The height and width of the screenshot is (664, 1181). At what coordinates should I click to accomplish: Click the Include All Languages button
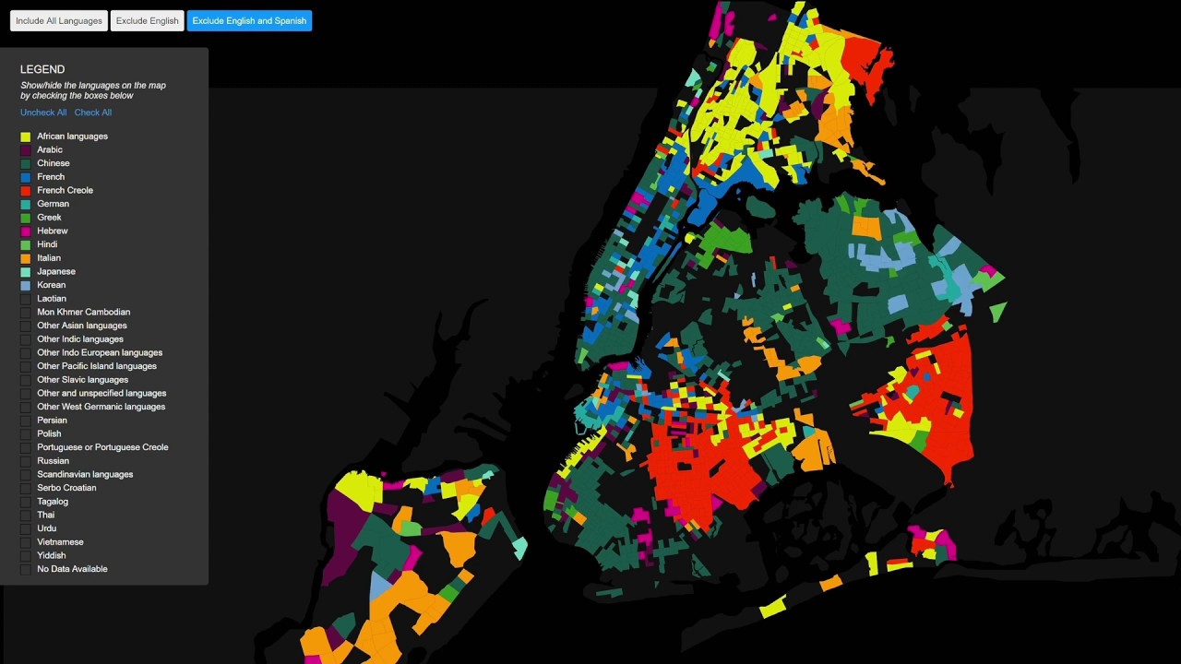point(59,21)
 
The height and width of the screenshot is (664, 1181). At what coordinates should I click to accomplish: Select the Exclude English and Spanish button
point(249,21)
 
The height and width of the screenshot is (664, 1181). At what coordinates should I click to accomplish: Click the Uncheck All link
point(43,113)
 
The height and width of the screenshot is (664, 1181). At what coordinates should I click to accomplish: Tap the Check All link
point(93,113)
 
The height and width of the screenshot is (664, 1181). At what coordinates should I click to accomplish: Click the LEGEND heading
point(42,69)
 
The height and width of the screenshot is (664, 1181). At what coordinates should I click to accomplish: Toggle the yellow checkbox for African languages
point(26,136)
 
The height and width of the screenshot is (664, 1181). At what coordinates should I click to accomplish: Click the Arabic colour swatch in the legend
point(26,150)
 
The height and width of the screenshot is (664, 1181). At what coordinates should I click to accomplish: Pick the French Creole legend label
point(65,190)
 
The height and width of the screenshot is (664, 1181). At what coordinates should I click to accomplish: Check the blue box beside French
point(26,177)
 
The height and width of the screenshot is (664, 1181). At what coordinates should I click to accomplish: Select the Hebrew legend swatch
point(26,231)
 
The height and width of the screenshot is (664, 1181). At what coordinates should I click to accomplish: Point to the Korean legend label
point(51,285)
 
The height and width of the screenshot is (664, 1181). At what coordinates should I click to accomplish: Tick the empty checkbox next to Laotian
point(26,299)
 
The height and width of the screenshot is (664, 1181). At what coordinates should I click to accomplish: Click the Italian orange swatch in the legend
point(26,258)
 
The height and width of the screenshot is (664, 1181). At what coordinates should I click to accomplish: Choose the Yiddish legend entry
point(51,555)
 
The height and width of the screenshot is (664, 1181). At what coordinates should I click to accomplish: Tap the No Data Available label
point(72,569)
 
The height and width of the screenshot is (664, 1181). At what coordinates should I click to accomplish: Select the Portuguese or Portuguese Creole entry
point(102,447)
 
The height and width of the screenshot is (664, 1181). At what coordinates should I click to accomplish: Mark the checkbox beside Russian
point(26,461)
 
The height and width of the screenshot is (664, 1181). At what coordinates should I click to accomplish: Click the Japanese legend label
point(56,271)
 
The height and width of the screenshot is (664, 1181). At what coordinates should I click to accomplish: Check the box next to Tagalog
point(26,502)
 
